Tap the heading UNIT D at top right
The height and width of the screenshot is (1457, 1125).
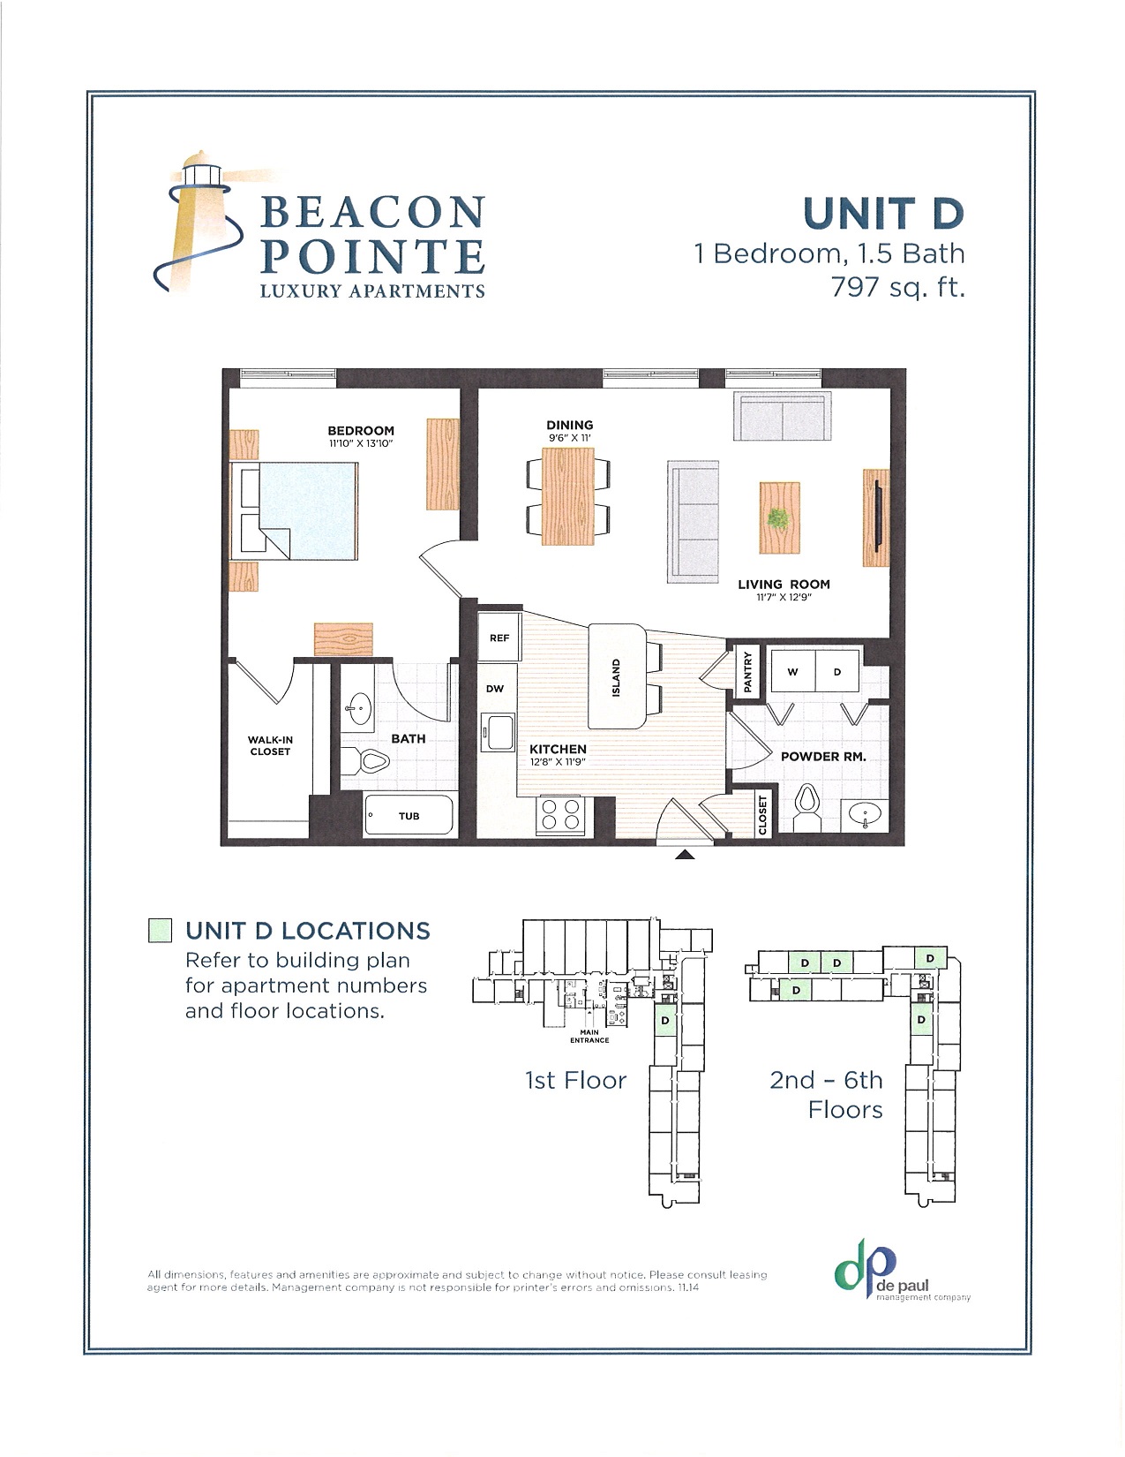[x=883, y=215]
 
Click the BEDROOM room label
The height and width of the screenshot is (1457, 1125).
[x=360, y=431]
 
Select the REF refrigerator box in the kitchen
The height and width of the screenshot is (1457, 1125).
[x=499, y=638]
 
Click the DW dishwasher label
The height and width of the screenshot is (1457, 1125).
[x=494, y=689]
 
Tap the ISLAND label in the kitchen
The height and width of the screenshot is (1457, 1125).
[x=616, y=677]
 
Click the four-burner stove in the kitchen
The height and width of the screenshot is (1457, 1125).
[x=561, y=814]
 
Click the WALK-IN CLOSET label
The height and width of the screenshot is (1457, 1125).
[x=270, y=746]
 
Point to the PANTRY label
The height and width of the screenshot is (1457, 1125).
[x=747, y=672]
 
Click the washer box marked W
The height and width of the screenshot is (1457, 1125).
[x=792, y=672]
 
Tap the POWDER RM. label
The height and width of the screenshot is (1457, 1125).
[x=822, y=757]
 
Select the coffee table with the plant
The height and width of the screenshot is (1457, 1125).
[x=779, y=517]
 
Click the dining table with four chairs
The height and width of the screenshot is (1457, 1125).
[x=569, y=496]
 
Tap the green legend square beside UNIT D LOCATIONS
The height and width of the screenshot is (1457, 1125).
[x=160, y=931]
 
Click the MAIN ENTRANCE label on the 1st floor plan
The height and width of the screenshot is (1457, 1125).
[x=589, y=1036]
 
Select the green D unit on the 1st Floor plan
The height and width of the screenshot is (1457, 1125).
[x=665, y=1021]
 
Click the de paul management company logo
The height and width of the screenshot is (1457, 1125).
[x=900, y=1277]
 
